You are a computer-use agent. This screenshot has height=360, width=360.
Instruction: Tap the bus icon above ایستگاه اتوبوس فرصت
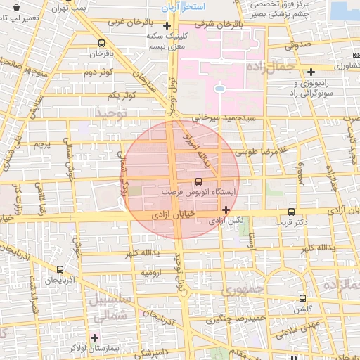click(x=198, y=181)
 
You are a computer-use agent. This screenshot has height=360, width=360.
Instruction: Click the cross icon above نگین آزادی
click(x=225, y=210)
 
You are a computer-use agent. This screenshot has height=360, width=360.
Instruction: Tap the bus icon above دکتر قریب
click(x=291, y=212)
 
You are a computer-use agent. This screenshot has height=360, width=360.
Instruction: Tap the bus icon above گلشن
click(x=302, y=298)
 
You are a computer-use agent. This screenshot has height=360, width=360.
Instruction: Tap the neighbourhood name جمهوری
click(x=242, y=289)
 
